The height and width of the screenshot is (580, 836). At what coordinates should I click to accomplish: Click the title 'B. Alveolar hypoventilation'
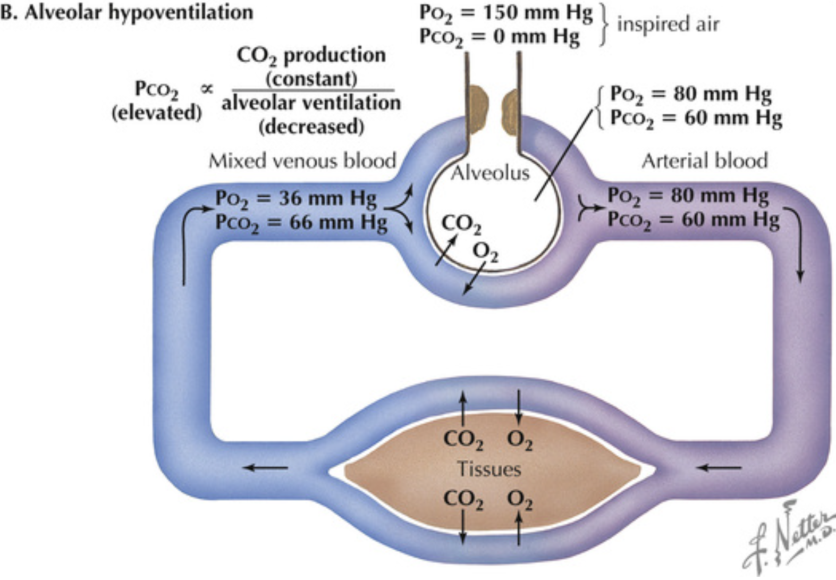pos(126,12)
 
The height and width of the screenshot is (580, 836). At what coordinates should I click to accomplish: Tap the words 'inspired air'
pos(668,24)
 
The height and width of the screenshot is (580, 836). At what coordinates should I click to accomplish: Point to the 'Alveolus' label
pos(490,172)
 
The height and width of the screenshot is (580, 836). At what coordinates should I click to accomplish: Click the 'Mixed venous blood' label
pos(302,161)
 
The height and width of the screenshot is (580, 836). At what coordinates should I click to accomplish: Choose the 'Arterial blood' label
pos(704,161)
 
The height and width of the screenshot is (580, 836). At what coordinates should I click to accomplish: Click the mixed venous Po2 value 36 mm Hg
pos(295,199)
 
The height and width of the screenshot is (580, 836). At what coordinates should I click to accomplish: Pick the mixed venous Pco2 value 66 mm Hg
pos(301,222)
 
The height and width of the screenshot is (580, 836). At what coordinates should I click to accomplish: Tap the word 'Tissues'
pos(489,469)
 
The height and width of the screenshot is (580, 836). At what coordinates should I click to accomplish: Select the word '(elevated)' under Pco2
pos(156,113)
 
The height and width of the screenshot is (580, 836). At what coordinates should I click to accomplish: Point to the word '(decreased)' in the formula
pos(311,127)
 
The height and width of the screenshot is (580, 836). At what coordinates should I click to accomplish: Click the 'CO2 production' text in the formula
pos(311,55)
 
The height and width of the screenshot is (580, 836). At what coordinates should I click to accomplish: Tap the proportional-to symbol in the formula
pos(207,89)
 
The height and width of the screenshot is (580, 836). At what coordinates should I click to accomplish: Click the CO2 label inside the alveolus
pos(461,224)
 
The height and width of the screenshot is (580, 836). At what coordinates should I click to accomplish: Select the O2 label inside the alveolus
pos(485,251)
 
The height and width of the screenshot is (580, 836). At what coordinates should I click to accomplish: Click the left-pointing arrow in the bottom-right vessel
pos(719,468)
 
